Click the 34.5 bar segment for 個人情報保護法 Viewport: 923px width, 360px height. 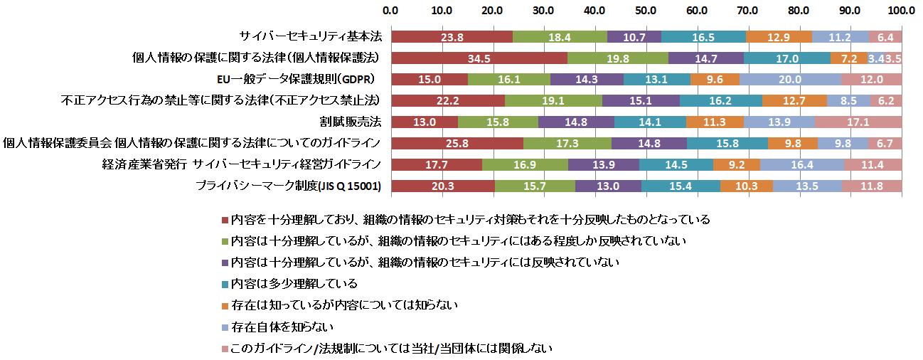[x=479, y=57]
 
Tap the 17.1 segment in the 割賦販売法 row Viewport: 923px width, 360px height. [x=858, y=122]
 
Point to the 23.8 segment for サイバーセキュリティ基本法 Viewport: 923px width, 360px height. [x=452, y=36]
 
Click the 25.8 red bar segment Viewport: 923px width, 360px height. [x=457, y=143]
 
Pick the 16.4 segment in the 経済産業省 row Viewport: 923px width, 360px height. [x=802, y=165]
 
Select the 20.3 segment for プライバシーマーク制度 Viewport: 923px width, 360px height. [x=442, y=186]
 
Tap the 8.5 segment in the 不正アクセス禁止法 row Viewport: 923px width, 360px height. [x=848, y=100]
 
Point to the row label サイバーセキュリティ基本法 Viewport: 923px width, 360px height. [x=310, y=36]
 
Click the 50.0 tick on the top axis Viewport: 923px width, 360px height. [x=646, y=11]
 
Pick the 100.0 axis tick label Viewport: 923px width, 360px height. [x=902, y=11]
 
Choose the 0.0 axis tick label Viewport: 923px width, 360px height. [x=390, y=11]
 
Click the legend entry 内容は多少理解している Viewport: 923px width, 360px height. [x=294, y=284]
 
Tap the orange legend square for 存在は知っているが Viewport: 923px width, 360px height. [x=226, y=306]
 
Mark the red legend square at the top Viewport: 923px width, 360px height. [x=226, y=220]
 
